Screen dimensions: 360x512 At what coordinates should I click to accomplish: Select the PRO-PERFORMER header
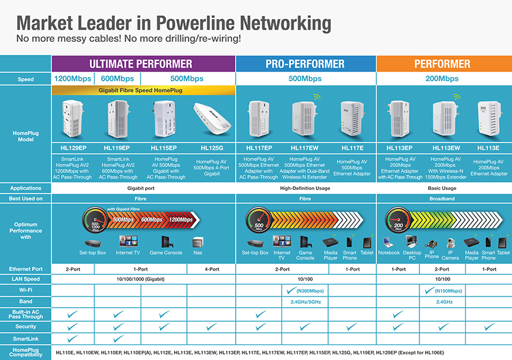[305, 63]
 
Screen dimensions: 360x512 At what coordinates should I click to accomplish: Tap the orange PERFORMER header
[443, 63]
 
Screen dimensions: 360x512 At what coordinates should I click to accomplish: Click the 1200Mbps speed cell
[73, 79]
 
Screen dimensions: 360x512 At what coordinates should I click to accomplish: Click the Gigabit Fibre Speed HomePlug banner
[144, 90]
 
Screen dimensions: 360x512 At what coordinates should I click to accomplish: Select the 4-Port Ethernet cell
[212, 269]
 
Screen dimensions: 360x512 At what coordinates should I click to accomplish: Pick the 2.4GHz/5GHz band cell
[305, 302]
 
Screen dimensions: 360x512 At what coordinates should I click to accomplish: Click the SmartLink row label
[25, 338]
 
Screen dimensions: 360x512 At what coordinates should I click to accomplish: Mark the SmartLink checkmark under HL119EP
[118, 338]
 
